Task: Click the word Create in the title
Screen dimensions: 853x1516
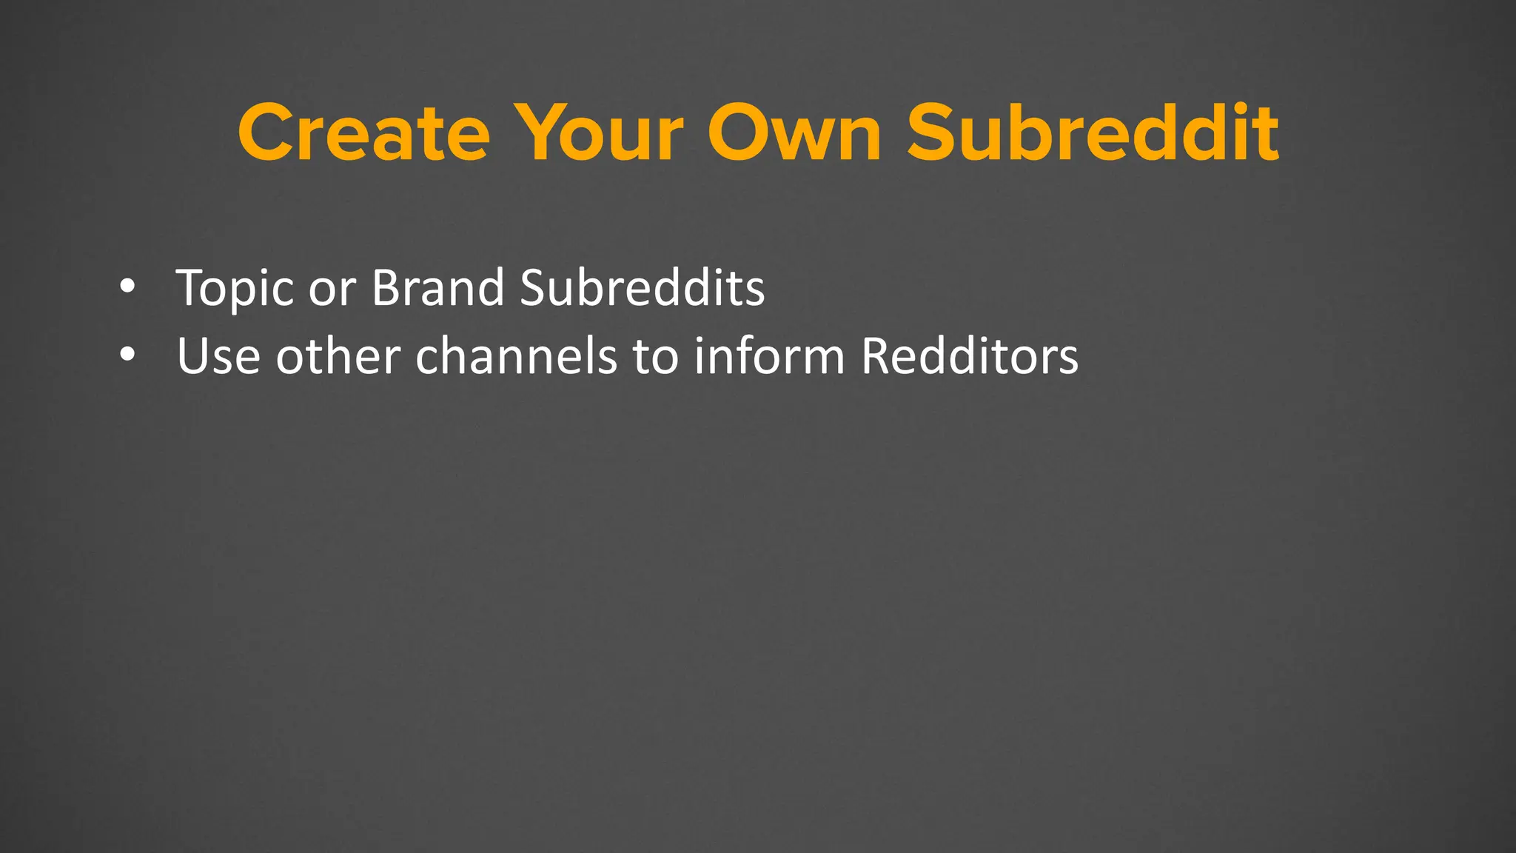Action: click(363, 133)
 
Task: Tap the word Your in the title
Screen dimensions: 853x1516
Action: click(598, 133)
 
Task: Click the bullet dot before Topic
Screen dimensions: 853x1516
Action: click(127, 287)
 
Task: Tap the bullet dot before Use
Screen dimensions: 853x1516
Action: click(127, 355)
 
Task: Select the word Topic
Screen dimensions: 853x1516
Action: click(235, 289)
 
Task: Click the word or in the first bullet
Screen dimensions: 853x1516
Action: click(332, 289)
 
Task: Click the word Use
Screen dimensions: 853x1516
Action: click(218, 356)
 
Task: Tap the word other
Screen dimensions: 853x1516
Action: click(338, 356)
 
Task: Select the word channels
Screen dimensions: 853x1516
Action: click(516, 356)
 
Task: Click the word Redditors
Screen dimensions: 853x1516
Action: click(970, 356)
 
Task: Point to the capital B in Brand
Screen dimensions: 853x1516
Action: click(386, 287)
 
